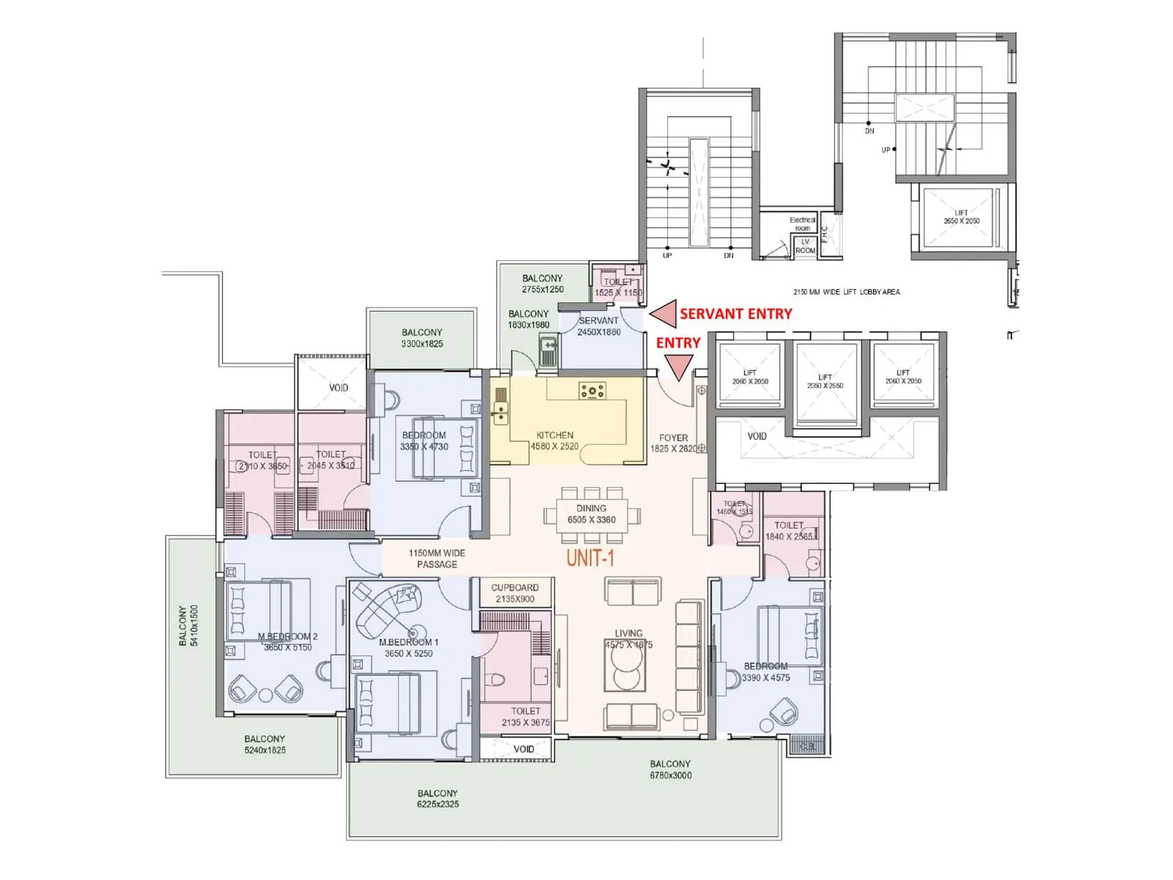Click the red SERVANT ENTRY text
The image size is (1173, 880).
[735, 314]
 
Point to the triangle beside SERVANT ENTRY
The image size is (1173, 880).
[664, 314]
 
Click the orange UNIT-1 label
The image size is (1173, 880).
[590, 558]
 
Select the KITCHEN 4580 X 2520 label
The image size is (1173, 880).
[554, 440]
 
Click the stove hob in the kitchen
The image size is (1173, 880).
[592, 391]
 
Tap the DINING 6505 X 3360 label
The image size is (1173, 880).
[591, 514]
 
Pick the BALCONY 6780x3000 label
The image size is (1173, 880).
[670, 769]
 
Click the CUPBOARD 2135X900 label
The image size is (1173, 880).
[515, 593]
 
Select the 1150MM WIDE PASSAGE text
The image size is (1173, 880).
[437, 559]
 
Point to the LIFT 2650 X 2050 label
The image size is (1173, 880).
[961, 217]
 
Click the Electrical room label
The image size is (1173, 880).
[802, 224]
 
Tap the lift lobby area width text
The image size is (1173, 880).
[846, 292]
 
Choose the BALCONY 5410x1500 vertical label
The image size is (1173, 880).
[188, 626]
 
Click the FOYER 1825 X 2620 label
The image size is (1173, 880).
[673, 443]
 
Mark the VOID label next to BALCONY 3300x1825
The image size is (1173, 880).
[338, 387]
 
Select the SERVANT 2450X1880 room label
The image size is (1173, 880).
[598, 326]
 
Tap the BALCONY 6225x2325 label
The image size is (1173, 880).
[438, 799]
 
